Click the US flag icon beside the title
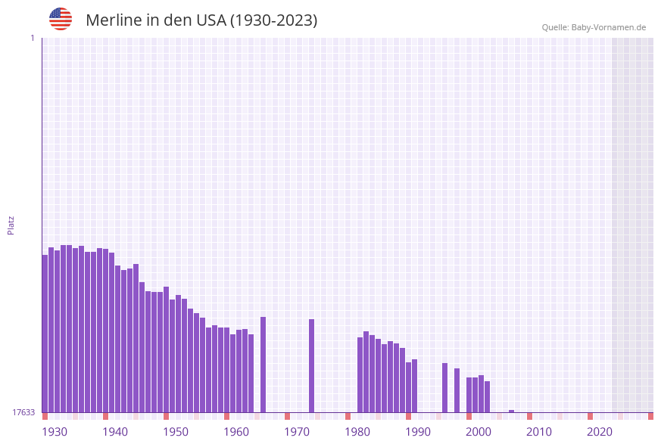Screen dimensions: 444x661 coord(61,19)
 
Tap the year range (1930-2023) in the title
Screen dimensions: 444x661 coord(273,20)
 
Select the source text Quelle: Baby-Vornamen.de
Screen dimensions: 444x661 coord(594,27)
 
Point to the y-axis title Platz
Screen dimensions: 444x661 coord(11,225)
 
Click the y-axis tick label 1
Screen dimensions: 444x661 coord(33,38)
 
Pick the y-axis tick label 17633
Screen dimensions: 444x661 coord(23,412)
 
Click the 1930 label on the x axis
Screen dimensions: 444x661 coord(55,431)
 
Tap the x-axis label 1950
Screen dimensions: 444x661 coord(176,431)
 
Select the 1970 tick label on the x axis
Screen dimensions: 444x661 coord(297,431)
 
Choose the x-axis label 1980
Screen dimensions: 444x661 coord(357,431)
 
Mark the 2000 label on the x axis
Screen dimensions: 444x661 coord(479,431)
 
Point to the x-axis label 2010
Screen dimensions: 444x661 coord(539,431)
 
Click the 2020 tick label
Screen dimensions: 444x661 coord(600,431)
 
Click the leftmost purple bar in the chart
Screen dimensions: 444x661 coord(45,333)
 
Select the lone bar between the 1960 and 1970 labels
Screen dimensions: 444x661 coord(263,365)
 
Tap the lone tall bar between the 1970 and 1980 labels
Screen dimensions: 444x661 coord(311,365)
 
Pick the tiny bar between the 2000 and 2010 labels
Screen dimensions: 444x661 coord(511,411)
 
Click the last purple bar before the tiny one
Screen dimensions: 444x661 coord(487,396)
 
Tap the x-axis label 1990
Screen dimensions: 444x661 coord(418,431)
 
